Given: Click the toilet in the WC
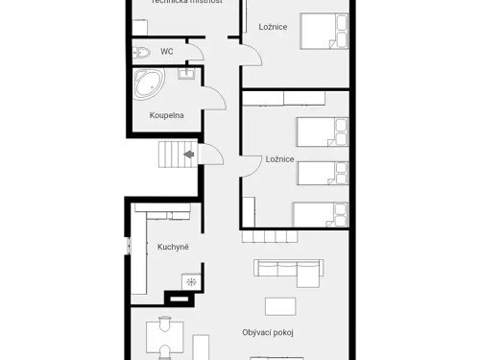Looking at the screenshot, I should pos(141,52).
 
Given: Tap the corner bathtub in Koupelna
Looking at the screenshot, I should pos(149,84).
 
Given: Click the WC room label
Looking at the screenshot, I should pos(166,51).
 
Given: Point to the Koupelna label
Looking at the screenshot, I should pos(166,115).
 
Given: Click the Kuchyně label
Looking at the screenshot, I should pos(173,247).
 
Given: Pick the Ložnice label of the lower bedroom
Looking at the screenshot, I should pos(279,158).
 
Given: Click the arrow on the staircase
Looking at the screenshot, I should pos(189,152).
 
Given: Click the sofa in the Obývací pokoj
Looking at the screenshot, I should pos(287,272).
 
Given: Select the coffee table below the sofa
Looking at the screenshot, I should pos(281,305).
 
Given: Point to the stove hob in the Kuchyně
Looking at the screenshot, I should pos(190,281).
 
